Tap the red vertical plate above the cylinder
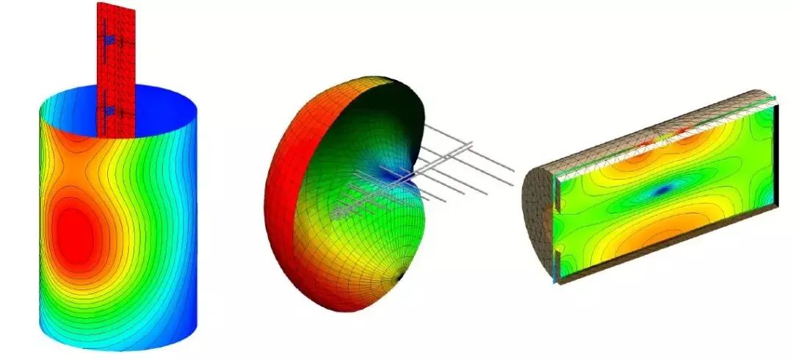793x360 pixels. (x=115, y=66)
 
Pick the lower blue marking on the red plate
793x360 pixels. (x=109, y=111)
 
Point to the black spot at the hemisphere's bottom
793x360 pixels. (x=400, y=278)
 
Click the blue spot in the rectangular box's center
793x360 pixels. (x=663, y=190)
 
